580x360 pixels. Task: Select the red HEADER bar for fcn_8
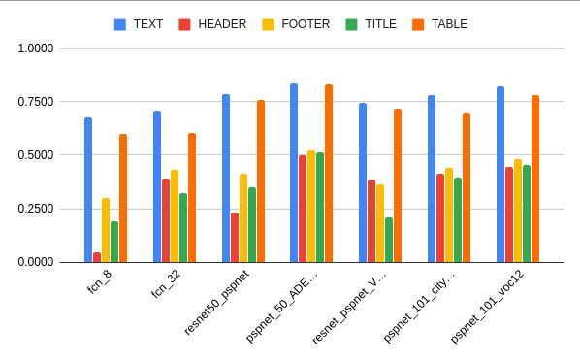click(x=97, y=257)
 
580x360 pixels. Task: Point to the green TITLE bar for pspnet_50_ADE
click(x=320, y=208)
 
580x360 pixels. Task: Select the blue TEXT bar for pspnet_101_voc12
click(x=500, y=175)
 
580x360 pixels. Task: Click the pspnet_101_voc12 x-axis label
click(x=489, y=307)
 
